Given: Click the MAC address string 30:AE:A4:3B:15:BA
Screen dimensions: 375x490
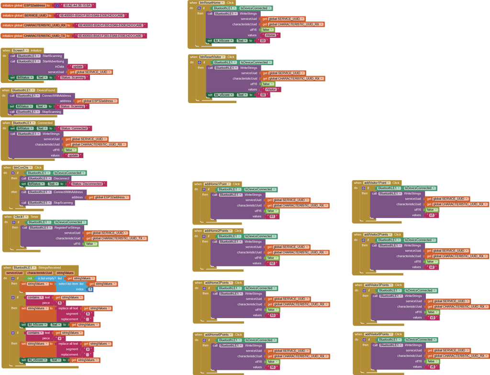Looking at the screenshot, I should point(77,6).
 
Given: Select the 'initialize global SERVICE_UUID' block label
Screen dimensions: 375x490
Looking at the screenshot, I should point(24,16).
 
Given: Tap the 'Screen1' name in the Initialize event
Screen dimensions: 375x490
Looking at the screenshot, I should point(19,50).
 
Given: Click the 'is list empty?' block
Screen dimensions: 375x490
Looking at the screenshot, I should point(47,278).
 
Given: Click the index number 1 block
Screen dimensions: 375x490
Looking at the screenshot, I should point(90,289).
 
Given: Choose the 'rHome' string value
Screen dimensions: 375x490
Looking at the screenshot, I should point(270,35).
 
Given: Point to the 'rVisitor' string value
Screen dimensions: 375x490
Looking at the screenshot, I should point(272,90).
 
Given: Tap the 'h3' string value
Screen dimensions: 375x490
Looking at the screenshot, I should point(273,315).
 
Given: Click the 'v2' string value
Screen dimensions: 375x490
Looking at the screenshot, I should point(432,267).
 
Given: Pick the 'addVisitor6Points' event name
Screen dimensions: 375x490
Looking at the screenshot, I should point(378,334).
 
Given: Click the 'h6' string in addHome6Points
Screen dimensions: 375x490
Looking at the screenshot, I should point(273,367).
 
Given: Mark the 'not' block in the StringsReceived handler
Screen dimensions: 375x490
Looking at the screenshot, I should point(30,278).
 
